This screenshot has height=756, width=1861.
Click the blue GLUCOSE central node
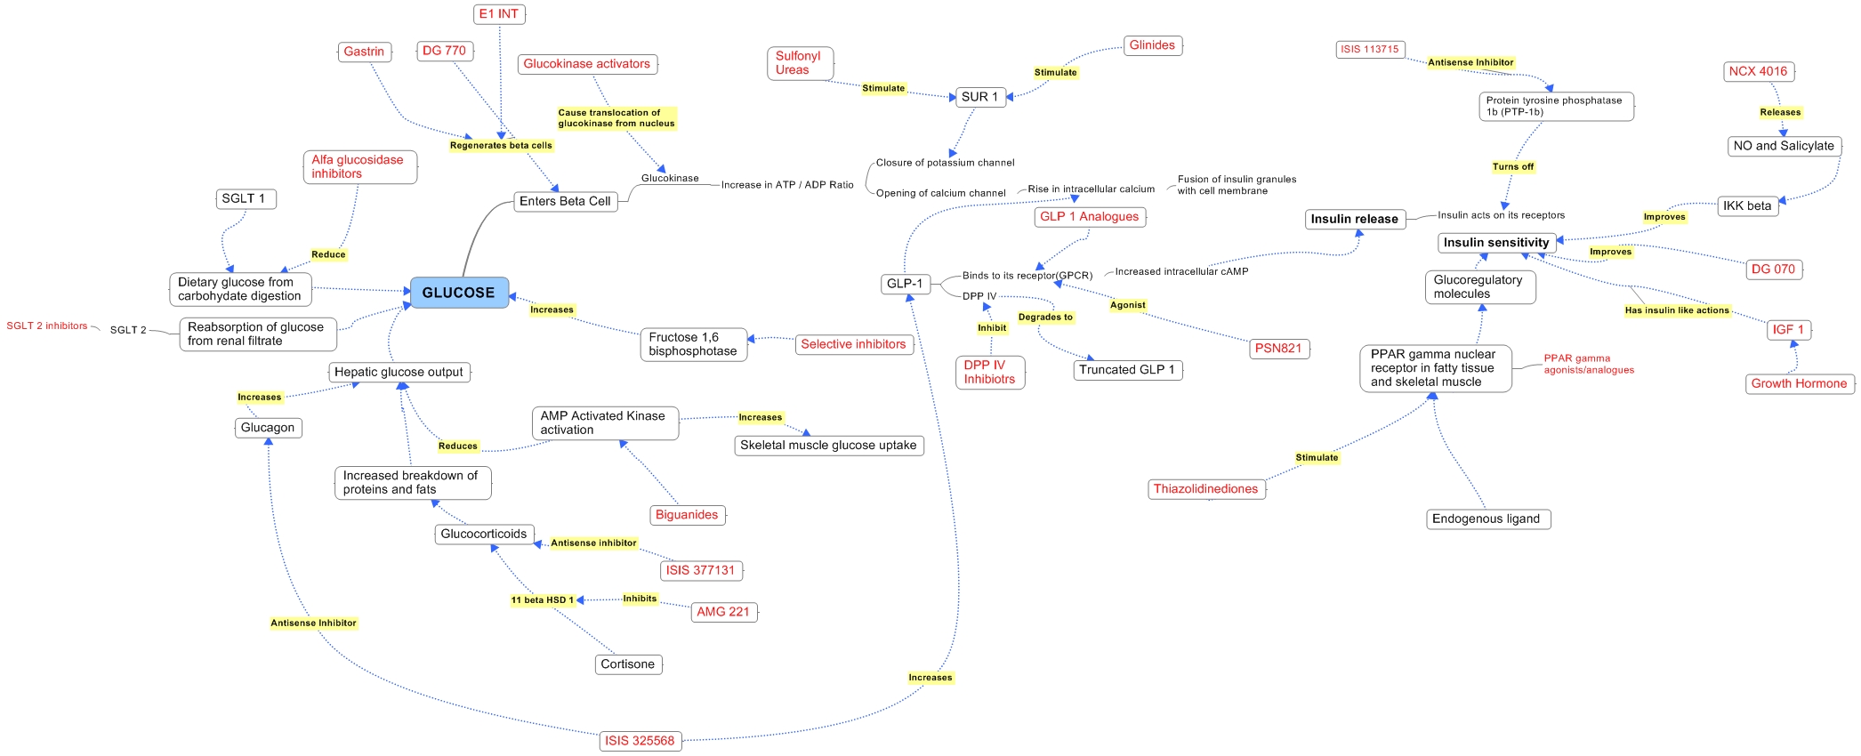(459, 293)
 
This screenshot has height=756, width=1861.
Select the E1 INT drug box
(499, 14)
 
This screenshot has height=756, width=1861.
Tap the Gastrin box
(365, 52)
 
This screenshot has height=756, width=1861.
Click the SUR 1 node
(979, 97)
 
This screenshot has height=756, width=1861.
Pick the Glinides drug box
(1152, 45)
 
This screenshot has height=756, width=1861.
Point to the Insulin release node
(1354, 219)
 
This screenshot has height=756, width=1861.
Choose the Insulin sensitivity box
(1496, 242)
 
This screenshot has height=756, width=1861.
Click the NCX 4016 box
(1758, 71)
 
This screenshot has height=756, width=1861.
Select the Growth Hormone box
(1799, 383)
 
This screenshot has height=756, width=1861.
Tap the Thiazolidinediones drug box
(1205, 488)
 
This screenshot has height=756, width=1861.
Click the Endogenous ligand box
(1486, 519)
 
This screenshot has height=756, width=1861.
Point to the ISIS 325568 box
(640, 741)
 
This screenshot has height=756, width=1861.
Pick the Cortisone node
(627, 664)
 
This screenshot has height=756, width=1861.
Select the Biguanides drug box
(687, 515)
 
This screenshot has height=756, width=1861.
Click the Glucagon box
(268, 428)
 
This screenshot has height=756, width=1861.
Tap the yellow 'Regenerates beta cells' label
(501, 146)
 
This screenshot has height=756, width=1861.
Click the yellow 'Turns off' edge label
(1513, 166)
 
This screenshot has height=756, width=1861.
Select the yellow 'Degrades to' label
(1045, 317)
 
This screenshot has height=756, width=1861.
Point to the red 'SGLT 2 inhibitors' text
(47, 326)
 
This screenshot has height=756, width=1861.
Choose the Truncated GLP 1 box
(1127, 370)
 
